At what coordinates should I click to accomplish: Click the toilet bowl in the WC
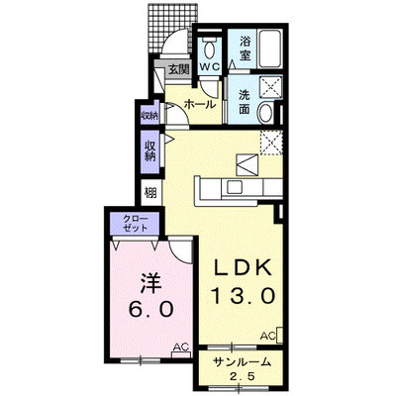209,49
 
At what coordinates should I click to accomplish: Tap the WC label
209,67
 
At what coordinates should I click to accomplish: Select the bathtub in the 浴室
270,49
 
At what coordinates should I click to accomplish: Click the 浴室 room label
245,48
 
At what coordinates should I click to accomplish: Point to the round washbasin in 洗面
265,112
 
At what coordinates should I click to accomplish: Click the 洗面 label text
245,102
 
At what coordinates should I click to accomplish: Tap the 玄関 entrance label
179,69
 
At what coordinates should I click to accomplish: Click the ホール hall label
200,105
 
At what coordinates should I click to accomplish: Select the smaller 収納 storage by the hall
149,115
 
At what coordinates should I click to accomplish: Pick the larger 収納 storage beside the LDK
149,151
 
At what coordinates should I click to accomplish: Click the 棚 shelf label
150,193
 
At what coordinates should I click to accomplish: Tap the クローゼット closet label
136,223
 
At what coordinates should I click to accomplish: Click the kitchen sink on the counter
235,188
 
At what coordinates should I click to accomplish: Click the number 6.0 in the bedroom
151,309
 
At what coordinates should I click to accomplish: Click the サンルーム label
243,362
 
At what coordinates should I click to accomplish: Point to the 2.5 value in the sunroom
243,376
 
